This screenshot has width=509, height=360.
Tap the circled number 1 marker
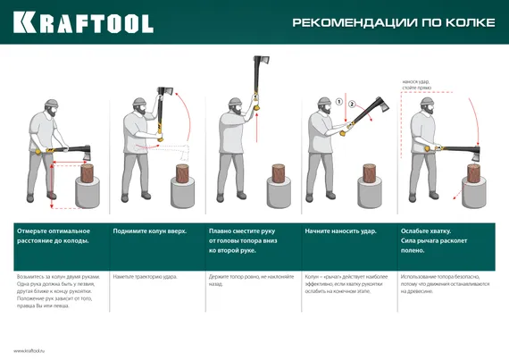(339, 102)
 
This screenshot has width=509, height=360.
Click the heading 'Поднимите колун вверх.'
(149, 230)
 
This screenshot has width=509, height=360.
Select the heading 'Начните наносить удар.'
(341, 230)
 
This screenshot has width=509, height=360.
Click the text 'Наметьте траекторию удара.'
(146, 277)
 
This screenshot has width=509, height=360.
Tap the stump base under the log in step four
(368, 193)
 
